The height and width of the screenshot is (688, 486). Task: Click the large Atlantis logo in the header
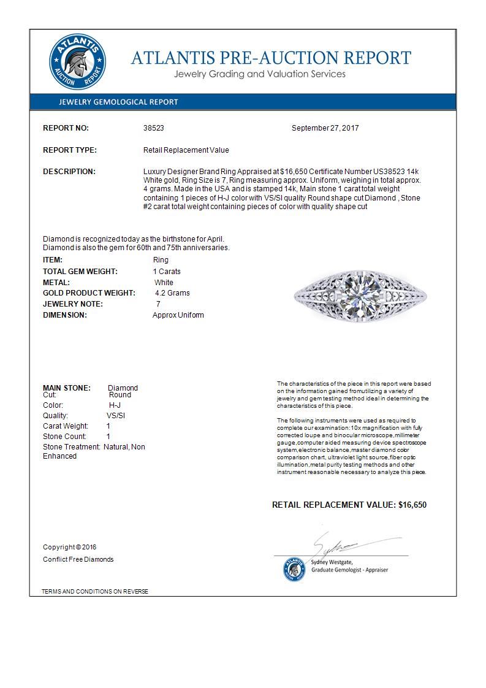(x=77, y=62)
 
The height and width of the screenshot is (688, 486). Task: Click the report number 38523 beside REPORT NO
(x=153, y=128)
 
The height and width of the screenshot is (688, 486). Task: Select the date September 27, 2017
(x=325, y=128)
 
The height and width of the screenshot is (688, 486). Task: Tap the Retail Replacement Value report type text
(x=186, y=150)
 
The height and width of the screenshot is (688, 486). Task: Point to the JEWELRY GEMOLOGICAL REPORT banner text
(x=118, y=102)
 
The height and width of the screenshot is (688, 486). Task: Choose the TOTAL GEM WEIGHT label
(x=80, y=272)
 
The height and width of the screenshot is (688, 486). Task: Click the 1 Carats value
(x=166, y=272)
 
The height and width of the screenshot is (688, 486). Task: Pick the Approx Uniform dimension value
(x=178, y=315)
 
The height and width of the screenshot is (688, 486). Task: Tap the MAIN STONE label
(x=67, y=388)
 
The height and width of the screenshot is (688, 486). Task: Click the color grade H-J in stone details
(x=115, y=406)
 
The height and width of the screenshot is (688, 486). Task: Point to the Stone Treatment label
(x=71, y=447)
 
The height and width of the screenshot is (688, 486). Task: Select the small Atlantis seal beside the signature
(x=294, y=569)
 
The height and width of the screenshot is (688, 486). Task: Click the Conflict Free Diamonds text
(x=78, y=559)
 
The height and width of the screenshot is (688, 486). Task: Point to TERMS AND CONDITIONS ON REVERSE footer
(x=95, y=592)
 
